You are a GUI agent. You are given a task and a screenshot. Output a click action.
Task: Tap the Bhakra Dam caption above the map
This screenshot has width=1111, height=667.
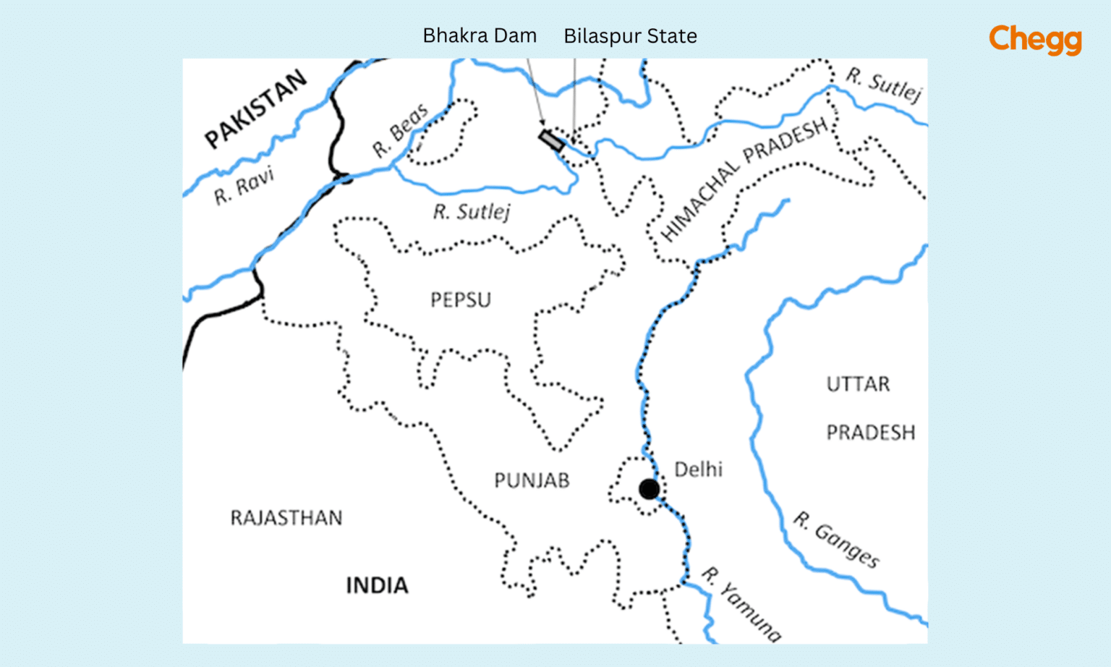480,35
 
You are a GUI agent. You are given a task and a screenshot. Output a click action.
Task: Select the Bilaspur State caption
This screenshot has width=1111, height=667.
630,36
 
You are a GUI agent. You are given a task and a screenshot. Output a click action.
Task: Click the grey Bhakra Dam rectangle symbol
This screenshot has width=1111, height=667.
552,140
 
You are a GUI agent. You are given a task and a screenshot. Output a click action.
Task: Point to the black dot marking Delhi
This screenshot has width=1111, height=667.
649,489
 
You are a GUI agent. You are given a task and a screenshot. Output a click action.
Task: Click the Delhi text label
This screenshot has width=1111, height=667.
698,470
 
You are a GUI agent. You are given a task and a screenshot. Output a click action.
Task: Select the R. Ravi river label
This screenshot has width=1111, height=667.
244,185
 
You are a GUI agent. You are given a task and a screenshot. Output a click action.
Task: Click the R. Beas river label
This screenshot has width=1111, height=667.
400,130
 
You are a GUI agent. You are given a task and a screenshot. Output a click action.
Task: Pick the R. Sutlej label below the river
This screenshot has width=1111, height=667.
472,212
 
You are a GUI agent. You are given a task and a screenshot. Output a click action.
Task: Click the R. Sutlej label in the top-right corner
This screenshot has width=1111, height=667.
884,85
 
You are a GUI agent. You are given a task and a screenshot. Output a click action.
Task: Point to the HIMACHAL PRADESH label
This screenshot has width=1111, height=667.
744,178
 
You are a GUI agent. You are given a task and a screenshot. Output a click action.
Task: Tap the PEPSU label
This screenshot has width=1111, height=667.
460,299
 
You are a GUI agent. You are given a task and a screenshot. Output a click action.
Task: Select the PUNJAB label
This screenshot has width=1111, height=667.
532,480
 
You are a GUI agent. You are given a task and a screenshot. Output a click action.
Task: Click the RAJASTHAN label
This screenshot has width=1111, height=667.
286,518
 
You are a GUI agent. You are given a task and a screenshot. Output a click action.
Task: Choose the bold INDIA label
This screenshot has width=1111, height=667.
377,585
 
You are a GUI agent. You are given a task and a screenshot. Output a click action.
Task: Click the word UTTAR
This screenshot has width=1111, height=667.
858,384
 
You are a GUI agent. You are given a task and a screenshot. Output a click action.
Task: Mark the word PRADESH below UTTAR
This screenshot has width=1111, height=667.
871,433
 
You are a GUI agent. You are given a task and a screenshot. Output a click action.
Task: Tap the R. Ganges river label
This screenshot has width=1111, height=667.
837,540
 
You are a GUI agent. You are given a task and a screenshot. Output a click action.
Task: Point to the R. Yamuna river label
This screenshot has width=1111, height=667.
741,605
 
